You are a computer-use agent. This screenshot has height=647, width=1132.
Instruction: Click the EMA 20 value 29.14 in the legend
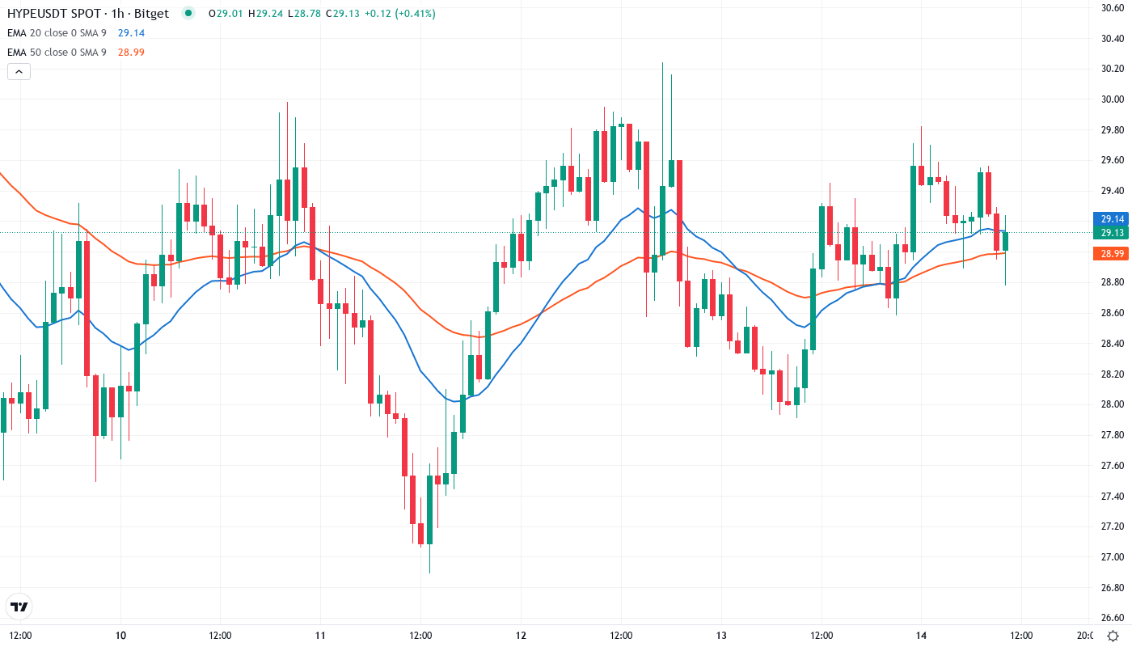click(131, 32)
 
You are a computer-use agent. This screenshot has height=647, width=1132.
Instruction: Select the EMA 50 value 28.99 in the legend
click(131, 52)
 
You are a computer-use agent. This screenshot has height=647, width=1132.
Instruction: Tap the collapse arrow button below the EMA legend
click(19, 71)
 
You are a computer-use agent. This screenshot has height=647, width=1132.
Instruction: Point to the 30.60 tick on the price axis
click(1113, 8)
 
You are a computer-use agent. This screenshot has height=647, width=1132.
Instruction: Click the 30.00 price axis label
click(1113, 99)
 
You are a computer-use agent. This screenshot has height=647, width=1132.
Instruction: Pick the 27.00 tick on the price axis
click(1113, 557)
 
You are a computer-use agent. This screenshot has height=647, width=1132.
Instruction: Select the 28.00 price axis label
click(1113, 404)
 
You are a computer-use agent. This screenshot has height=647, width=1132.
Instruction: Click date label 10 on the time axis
click(120, 635)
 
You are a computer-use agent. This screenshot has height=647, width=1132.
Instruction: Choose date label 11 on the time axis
click(320, 635)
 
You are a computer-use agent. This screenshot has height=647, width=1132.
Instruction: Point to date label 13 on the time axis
click(721, 635)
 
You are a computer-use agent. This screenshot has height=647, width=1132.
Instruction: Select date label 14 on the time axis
click(921, 635)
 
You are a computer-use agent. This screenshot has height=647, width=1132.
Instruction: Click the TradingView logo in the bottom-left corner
click(19, 607)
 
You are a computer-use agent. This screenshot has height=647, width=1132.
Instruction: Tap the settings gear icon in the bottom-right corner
click(1113, 635)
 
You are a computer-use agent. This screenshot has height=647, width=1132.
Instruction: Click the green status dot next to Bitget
click(188, 13)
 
